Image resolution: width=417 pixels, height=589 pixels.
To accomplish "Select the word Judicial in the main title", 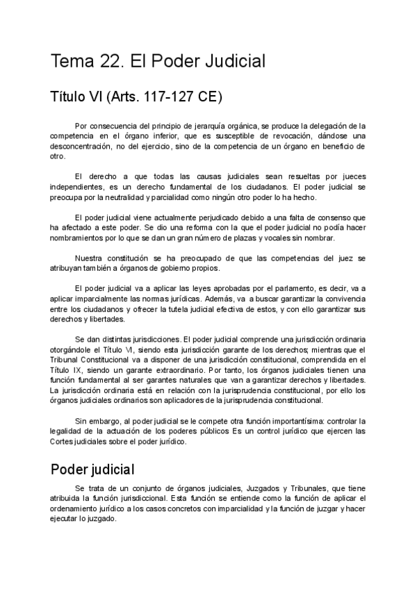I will click(x=232, y=61).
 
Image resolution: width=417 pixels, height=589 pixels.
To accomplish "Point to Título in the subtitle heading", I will click(x=71, y=96).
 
